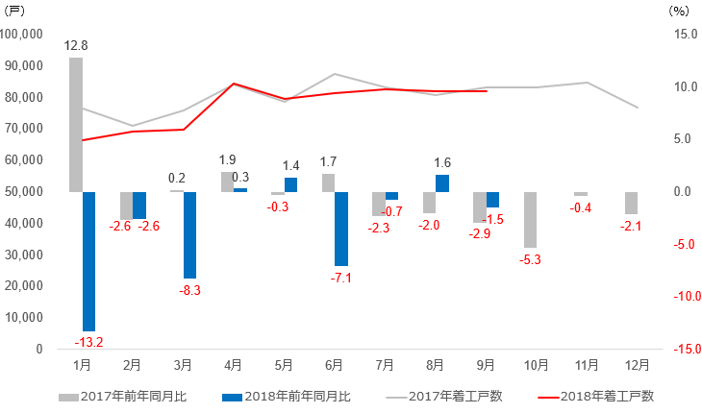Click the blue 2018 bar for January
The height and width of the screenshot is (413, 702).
[88, 261]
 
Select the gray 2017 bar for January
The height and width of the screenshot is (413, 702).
[76, 125]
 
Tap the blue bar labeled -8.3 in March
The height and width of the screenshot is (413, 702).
[189, 234]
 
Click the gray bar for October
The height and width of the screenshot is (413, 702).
[530, 219]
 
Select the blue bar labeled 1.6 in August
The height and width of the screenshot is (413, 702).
[442, 183]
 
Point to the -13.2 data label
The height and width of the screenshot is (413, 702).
[88, 342]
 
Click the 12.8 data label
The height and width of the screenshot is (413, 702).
[76, 45]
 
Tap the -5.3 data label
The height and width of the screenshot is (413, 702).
[530, 259]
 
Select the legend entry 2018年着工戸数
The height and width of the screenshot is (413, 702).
[606, 396]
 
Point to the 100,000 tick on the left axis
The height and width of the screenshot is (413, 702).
[23, 34]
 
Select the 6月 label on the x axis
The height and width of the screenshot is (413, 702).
[335, 365]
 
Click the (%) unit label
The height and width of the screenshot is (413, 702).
[677, 12]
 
